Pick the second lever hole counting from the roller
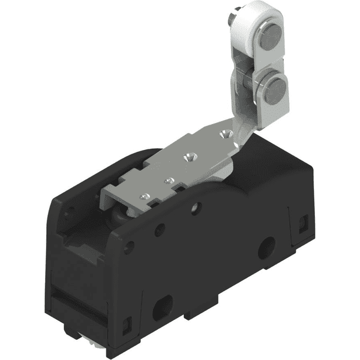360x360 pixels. pyautogui.click(x=190, y=156)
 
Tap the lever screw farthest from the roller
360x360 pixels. pyautogui.click(x=144, y=196)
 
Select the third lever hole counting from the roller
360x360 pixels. pyautogui.click(x=168, y=179)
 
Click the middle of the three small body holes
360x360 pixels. pyautogui.click(x=159, y=228)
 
